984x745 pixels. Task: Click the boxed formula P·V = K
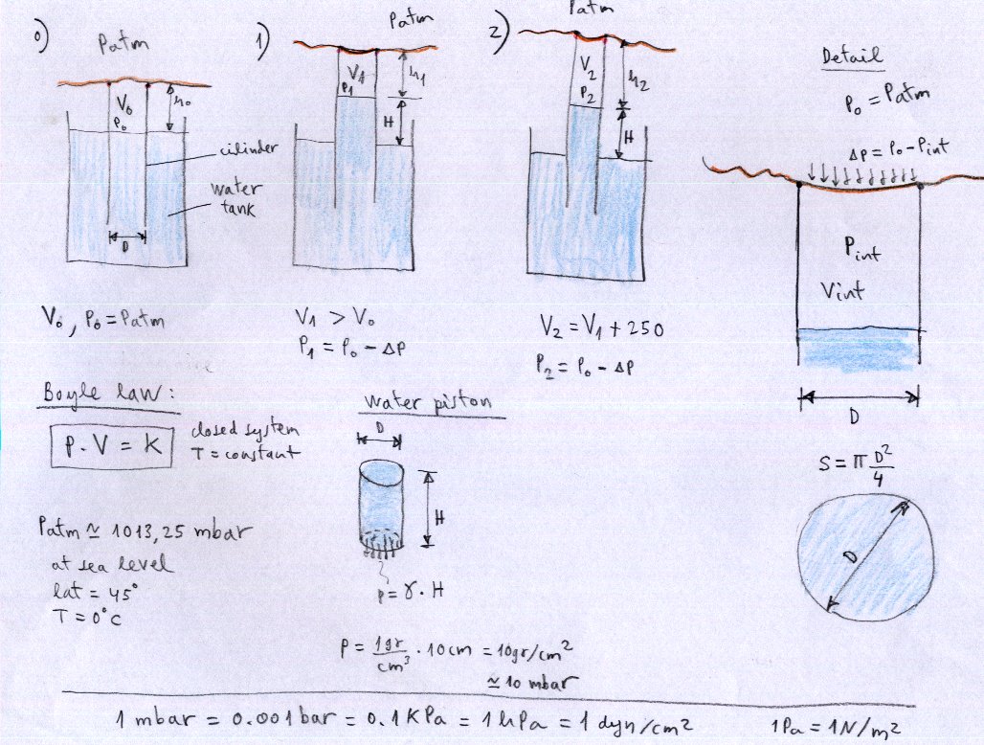(111, 446)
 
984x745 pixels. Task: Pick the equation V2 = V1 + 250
(601, 329)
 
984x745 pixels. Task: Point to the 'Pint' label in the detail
(861, 251)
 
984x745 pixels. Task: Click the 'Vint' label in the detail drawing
(842, 291)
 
